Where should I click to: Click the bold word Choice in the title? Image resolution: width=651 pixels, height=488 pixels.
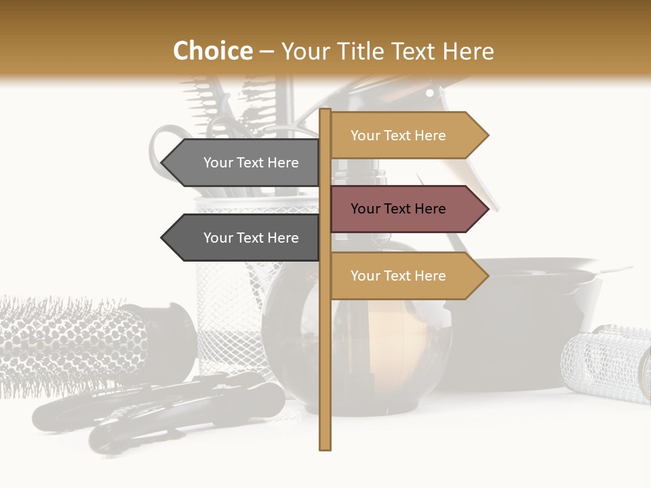pyautogui.click(x=212, y=51)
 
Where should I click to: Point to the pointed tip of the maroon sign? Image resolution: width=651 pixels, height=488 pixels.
pyautogui.click(x=487, y=209)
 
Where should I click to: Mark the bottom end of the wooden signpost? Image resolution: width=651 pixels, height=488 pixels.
pyautogui.click(x=325, y=447)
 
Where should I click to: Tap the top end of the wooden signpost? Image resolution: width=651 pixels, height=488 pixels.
pyautogui.click(x=325, y=110)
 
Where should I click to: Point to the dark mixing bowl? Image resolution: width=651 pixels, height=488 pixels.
pyautogui.click(x=536, y=319)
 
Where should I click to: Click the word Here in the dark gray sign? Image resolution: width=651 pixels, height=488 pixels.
pyautogui.click(x=282, y=238)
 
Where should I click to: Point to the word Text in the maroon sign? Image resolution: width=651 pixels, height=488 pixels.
pyautogui.click(x=398, y=209)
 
